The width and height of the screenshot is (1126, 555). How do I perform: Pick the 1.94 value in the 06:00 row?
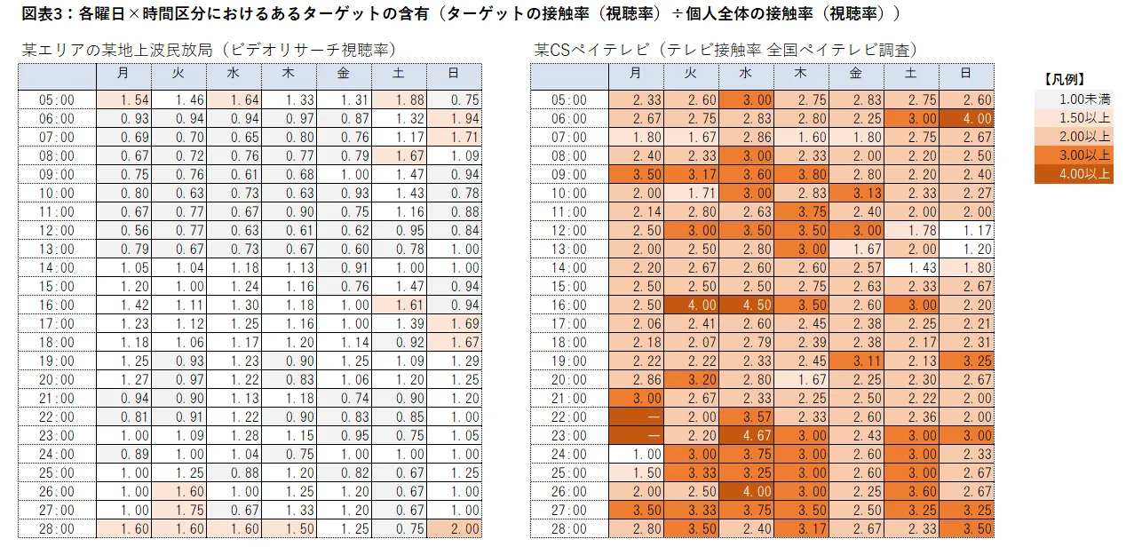(454, 119)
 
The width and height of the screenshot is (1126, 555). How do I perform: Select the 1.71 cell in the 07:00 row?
(454, 138)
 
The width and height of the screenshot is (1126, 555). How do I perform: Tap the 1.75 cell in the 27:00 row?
(178, 511)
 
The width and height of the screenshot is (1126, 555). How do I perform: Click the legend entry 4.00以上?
(1074, 174)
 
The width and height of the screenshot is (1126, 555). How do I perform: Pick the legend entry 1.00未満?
(1074, 99)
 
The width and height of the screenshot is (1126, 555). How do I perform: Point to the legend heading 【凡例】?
(1064, 79)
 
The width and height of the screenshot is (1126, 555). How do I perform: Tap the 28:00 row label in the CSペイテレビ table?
(568, 529)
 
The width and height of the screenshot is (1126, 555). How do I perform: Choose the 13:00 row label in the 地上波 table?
(57, 250)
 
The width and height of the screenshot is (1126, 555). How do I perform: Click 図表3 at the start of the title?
(38, 13)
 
